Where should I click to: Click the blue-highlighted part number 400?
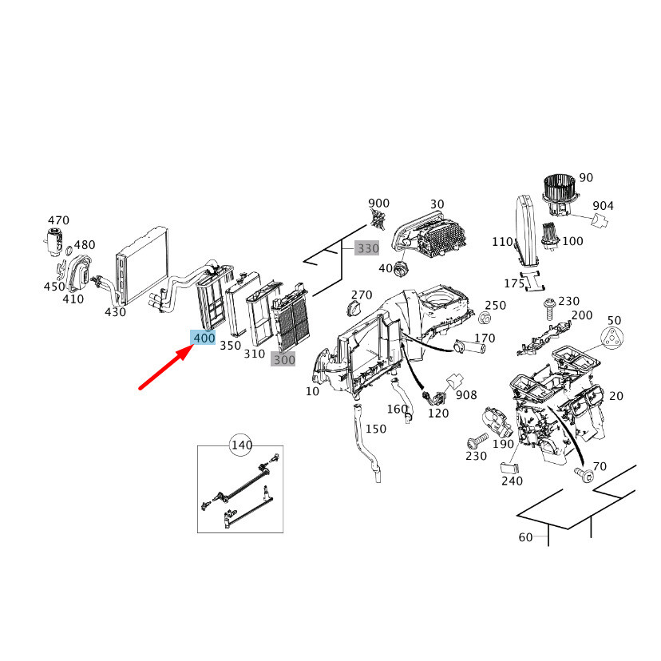click(204, 337)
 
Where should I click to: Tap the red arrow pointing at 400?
click(167, 366)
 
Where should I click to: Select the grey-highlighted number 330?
click(367, 248)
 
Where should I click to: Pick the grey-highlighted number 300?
click(283, 359)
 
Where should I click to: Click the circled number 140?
click(242, 445)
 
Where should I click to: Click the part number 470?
click(58, 220)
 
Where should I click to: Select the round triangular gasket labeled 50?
click(612, 338)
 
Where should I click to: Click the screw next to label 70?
click(584, 474)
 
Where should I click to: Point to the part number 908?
click(466, 394)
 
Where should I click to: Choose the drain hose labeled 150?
click(366, 442)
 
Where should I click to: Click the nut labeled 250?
click(485, 318)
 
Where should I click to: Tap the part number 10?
click(312, 391)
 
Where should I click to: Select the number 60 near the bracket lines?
click(525, 537)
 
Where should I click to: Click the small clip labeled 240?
click(509, 468)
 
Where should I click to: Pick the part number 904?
click(603, 205)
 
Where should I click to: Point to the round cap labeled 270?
click(354, 309)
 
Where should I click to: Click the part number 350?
click(230, 345)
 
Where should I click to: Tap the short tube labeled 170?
click(469, 347)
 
